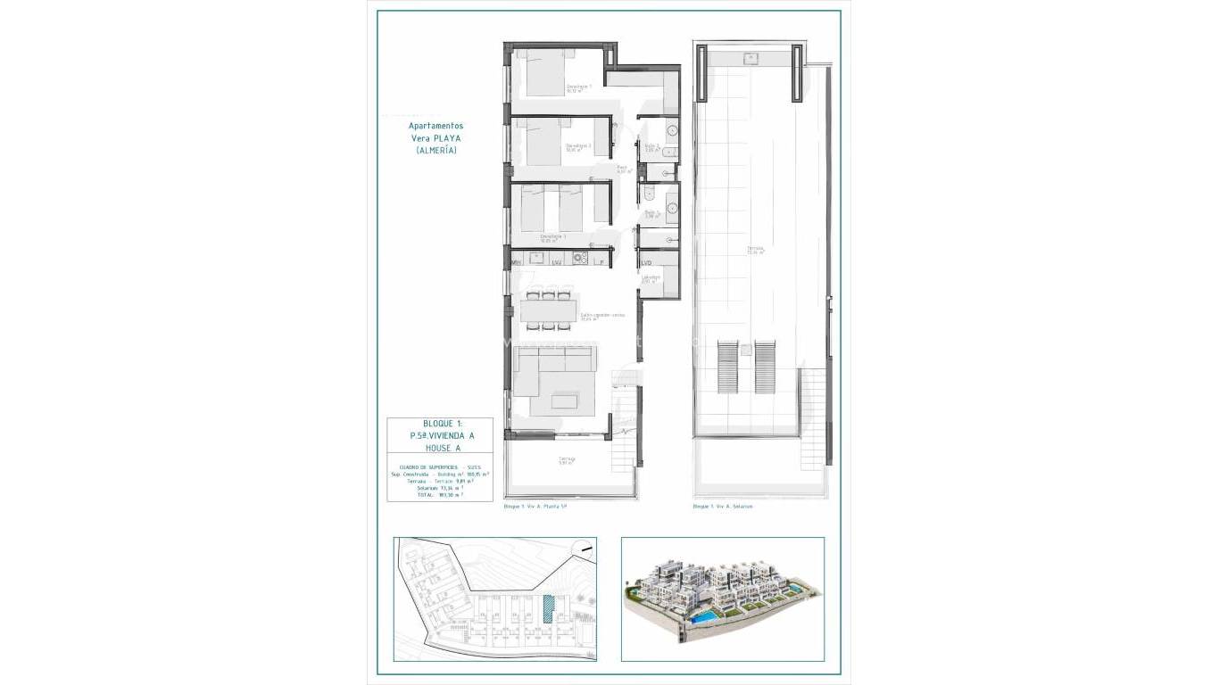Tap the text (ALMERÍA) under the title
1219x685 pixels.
(x=436, y=151)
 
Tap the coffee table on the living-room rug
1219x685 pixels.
(x=564, y=401)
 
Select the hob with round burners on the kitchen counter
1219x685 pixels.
(x=579, y=259)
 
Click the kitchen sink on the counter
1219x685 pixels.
(x=537, y=258)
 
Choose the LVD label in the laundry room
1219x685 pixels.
(x=646, y=262)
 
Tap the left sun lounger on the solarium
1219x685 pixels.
(x=728, y=366)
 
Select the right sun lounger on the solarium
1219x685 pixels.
(x=765, y=366)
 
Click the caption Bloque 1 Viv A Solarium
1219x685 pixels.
(x=723, y=507)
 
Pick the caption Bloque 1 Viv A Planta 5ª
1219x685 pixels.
(x=535, y=507)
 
